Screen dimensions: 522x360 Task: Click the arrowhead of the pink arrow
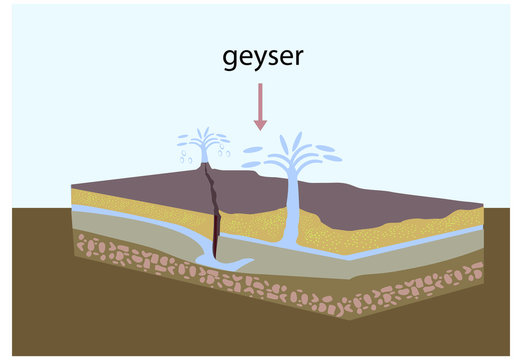[260, 123]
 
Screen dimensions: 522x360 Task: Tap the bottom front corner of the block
[347, 318]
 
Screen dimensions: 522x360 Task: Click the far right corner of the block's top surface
[483, 206]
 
